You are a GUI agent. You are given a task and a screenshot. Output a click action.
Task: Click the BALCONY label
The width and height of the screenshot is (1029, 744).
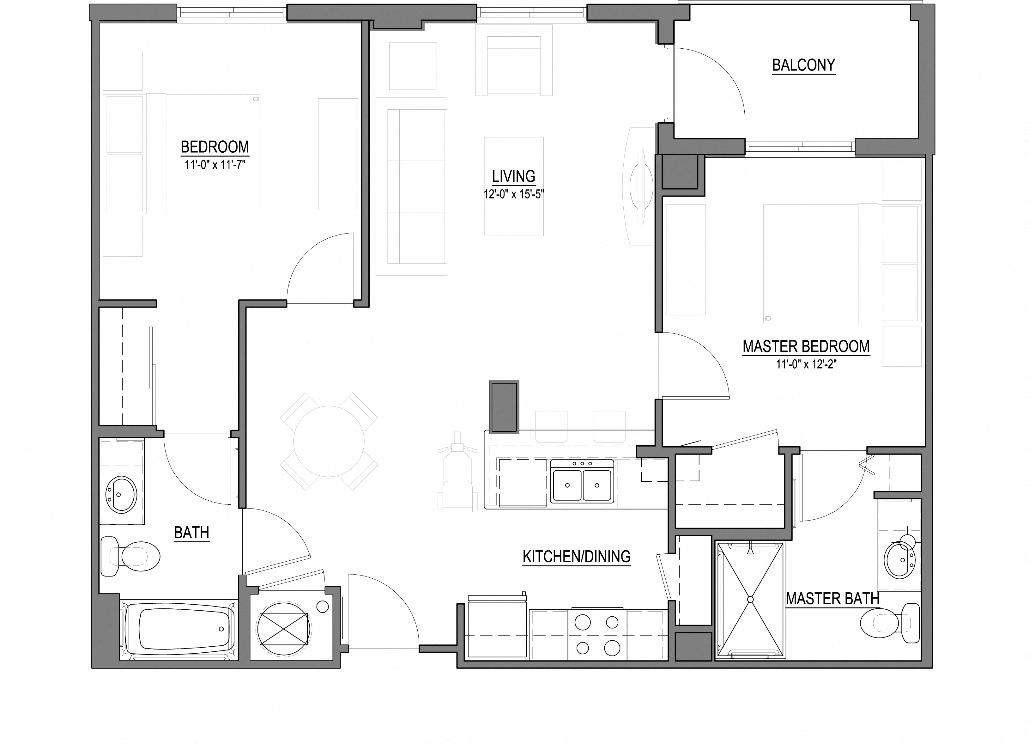click(x=803, y=65)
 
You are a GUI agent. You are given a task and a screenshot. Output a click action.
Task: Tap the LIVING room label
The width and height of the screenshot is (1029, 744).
click(x=514, y=176)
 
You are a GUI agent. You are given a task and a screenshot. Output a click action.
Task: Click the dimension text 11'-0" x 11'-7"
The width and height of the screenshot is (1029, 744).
click(x=215, y=165)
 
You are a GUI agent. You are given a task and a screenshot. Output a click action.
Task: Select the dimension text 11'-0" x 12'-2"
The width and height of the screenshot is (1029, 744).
click(x=806, y=364)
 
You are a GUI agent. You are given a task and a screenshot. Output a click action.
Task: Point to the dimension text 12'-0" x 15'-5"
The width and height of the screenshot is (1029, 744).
click(x=514, y=195)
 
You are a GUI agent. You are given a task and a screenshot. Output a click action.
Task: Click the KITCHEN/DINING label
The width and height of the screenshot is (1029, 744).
click(x=576, y=557)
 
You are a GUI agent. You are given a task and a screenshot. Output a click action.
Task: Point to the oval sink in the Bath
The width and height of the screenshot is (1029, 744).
click(x=121, y=494)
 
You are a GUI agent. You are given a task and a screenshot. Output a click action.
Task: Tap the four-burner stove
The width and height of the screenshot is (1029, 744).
click(x=597, y=635)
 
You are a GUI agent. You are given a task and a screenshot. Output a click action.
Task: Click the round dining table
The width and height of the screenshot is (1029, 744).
click(x=329, y=441)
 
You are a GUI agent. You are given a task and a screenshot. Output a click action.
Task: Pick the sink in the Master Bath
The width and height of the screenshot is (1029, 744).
click(x=900, y=559)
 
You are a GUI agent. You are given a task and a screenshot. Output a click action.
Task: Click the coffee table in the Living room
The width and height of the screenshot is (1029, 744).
click(x=514, y=186)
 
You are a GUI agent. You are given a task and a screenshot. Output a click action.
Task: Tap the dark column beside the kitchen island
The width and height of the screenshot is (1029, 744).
click(x=504, y=407)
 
